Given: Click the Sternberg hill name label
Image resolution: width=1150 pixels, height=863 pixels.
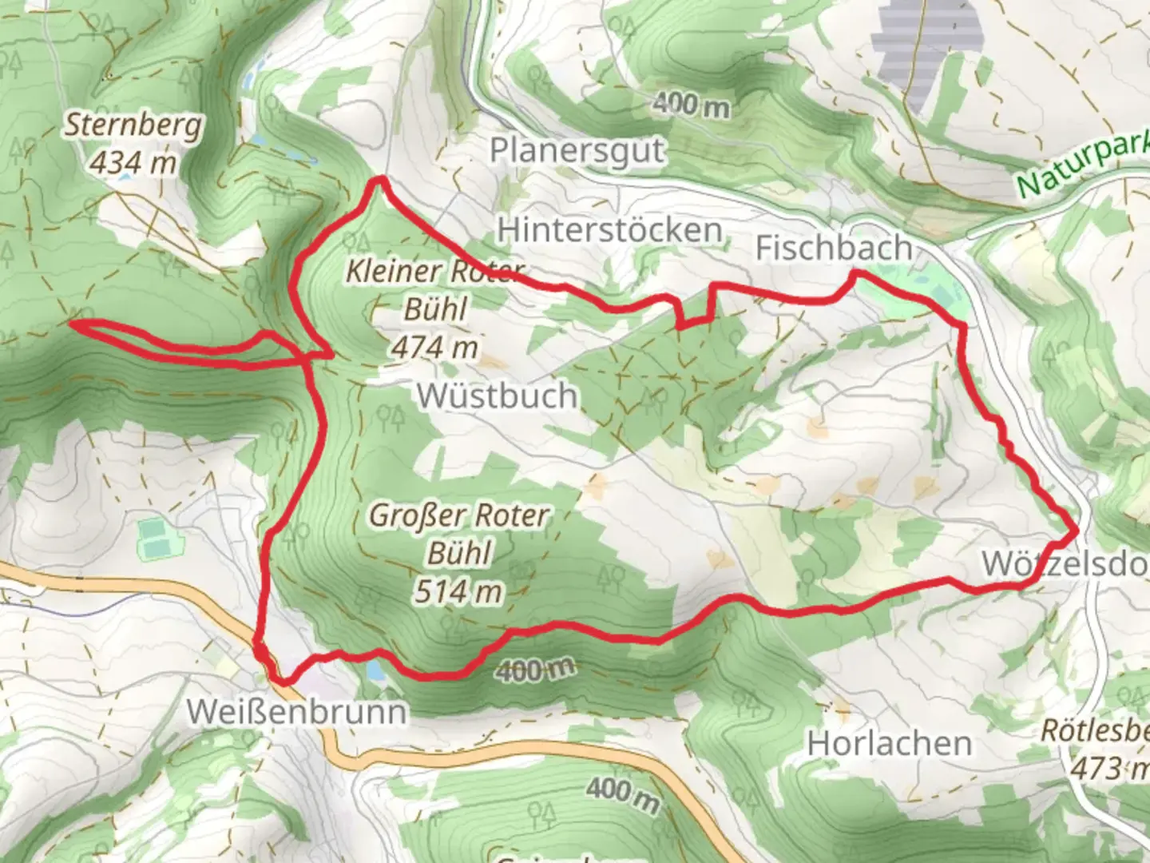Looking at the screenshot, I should (x=133, y=125).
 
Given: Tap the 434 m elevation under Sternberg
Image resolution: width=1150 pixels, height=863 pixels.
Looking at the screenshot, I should (x=133, y=163).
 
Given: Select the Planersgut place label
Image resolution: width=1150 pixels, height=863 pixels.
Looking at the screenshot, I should (x=577, y=150).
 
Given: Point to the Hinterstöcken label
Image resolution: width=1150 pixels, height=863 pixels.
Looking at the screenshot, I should (x=610, y=230).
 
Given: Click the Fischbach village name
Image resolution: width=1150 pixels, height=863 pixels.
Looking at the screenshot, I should (x=834, y=248).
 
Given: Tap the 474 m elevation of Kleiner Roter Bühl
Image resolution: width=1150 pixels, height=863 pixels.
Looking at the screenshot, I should (x=435, y=347).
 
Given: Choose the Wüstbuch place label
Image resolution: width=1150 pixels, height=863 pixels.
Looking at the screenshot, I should (x=497, y=396).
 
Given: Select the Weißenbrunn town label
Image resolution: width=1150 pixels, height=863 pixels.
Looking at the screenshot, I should (x=296, y=710).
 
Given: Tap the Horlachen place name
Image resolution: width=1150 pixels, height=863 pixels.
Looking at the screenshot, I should (x=890, y=744).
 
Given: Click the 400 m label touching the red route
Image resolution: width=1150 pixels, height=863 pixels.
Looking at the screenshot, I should (x=534, y=669).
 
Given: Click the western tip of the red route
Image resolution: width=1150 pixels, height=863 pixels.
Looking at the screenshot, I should (x=72, y=324).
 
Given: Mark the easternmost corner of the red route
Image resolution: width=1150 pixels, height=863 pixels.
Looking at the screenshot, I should (x=1077, y=530).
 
